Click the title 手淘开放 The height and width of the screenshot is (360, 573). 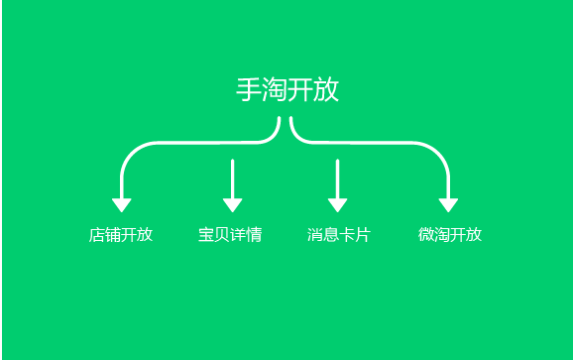[x=287, y=89]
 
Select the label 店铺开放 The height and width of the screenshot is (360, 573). [x=121, y=235]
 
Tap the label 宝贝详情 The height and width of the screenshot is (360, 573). [x=230, y=235]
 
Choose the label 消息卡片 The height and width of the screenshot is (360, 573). [x=339, y=235]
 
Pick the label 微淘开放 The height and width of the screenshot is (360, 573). [x=450, y=235]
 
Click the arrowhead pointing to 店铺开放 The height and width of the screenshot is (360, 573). [x=122, y=205]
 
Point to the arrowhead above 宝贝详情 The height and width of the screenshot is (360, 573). [x=232, y=205]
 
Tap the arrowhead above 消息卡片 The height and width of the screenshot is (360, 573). [x=337, y=205]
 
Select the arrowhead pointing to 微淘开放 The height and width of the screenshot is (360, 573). [x=448, y=205]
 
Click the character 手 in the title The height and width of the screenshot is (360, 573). [x=249, y=89]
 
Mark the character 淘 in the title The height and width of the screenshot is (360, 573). [x=275, y=89]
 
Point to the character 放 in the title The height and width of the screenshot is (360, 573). [x=326, y=89]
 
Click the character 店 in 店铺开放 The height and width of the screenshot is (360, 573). [x=97, y=235]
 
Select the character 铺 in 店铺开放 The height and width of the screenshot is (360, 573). [x=113, y=235]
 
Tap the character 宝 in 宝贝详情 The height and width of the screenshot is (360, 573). [x=206, y=235]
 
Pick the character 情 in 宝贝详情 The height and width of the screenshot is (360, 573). [x=255, y=235]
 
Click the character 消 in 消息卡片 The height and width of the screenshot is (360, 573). [x=315, y=235]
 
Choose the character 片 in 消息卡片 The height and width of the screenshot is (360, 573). [x=363, y=235]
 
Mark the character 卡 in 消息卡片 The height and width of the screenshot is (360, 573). [x=347, y=235]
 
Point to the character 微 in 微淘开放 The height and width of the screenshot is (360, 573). [x=426, y=235]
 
